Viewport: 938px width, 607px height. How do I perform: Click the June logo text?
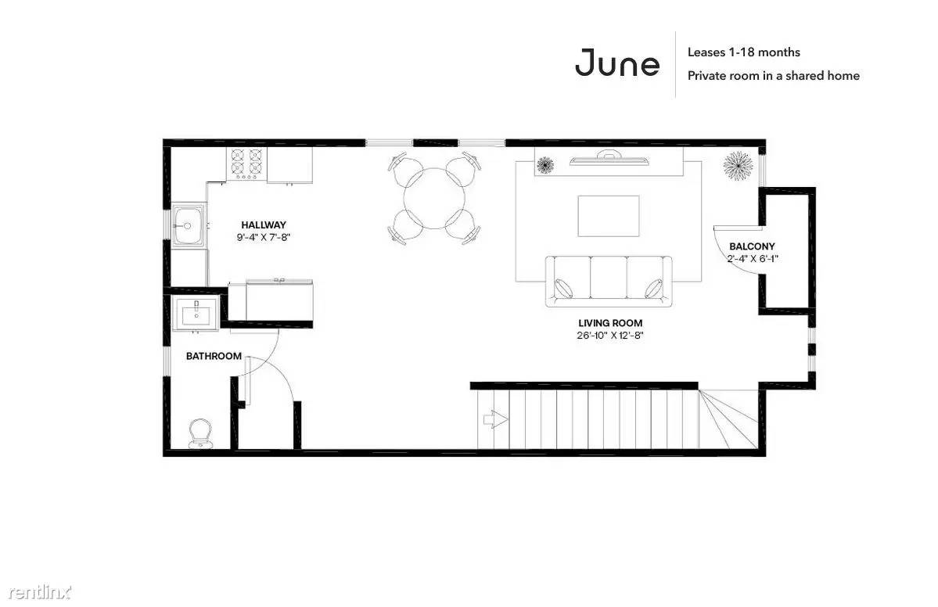coord(616,63)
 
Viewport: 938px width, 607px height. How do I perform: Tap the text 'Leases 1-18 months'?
coord(743,52)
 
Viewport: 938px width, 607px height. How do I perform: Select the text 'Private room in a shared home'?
coord(774,75)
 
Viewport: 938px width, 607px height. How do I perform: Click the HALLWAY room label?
coord(264,224)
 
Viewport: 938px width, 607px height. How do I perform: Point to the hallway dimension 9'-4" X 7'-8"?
coord(264,237)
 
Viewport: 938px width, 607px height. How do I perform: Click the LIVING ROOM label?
coord(610,323)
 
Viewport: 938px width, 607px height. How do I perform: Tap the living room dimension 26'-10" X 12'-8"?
coord(610,336)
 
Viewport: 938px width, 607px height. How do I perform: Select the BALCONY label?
coord(752,246)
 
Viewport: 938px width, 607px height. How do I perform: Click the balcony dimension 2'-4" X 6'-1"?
coord(752,258)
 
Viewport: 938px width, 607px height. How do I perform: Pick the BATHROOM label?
coord(214,356)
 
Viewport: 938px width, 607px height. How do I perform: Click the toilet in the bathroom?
coord(199,433)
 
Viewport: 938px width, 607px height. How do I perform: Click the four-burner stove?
coord(246,163)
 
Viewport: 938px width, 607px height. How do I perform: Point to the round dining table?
coord(435,199)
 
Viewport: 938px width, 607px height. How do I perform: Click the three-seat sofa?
coord(609,281)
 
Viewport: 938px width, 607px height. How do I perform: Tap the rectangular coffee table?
coord(609,216)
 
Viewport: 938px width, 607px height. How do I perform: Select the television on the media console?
coord(609,159)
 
